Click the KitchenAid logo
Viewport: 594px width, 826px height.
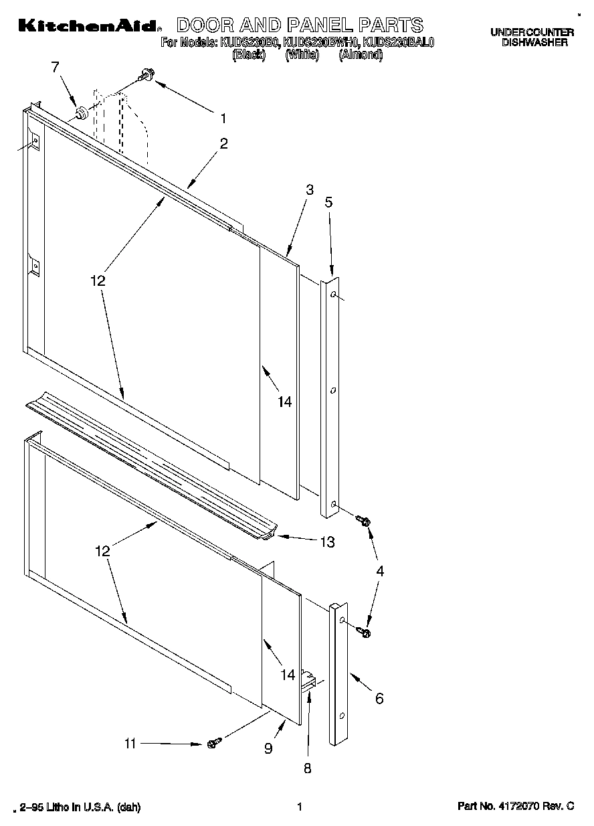tap(88, 26)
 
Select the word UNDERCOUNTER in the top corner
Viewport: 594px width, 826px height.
tap(532, 32)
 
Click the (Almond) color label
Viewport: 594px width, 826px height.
tap(361, 56)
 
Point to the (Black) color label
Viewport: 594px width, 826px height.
tap(249, 56)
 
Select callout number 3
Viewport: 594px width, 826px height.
tap(309, 190)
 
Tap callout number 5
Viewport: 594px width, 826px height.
tap(328, 201)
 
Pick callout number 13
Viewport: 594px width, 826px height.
tap(326, 542)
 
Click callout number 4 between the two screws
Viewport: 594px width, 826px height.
tap(380, 571)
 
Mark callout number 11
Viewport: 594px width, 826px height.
tap(130, 743)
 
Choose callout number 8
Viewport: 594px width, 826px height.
tap(308, 768)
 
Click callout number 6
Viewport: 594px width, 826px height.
tap(379, 699)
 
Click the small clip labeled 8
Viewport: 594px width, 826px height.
tap(310, 681)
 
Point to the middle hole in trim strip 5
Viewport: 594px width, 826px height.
tap(332, 389)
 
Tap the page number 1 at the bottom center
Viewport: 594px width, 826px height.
tap(300, 807)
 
